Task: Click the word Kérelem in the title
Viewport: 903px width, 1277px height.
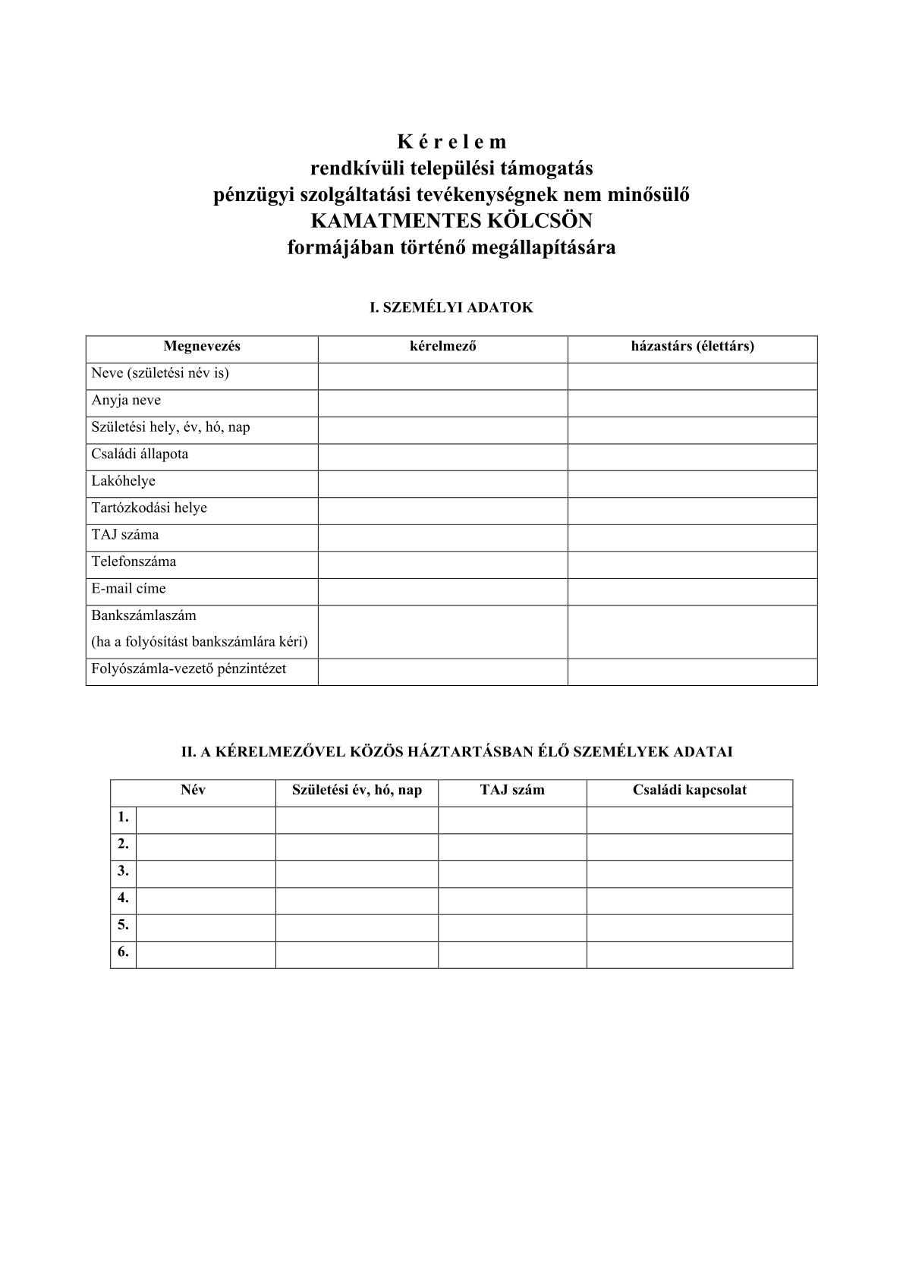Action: coord(451,142)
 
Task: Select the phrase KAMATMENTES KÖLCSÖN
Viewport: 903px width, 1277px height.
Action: coord(451,221)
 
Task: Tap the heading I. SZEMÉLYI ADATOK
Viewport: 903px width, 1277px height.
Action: coord(451,307)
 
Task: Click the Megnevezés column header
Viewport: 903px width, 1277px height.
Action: coord(202,347)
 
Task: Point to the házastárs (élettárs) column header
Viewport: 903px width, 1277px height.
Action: coord(692,347)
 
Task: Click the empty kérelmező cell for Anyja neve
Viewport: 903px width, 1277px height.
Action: coord(442,403)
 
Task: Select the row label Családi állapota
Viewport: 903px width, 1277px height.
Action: coord(140,454)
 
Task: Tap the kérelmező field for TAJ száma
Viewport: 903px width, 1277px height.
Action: coord(442,537)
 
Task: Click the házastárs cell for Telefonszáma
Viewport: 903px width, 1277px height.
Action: coord(692,565)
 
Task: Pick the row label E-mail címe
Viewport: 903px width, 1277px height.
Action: coord(128,588)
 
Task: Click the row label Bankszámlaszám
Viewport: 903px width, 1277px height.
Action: coord(143,615)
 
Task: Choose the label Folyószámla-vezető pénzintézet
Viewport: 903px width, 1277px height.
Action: coord(188,669)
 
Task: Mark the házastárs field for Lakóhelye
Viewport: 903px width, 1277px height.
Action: coord(692,483)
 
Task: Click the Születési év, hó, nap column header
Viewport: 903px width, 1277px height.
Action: coord(357,790)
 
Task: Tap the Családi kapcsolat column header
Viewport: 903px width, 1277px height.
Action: coord(689,790)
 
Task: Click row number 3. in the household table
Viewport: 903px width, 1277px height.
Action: coord(123,871)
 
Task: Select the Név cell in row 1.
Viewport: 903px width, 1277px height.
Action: coord(206,819)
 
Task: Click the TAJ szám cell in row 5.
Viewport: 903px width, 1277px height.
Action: coord(512,927)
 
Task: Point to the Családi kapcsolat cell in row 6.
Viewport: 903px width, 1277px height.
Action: coord(689,954)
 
